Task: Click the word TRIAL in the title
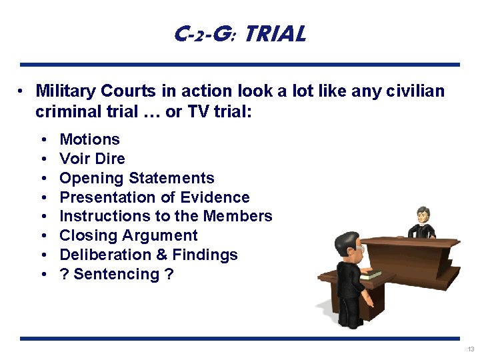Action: (x=275, y=34)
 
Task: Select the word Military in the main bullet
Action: (x=67, y=91)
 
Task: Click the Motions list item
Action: (x=89, y=139)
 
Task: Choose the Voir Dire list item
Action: (x=92, y=159)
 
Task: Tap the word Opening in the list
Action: (x=91, y=178)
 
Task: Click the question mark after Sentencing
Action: (x=169, y=274)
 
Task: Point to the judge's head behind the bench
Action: (x=422, y=215)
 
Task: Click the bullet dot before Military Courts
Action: (x=22, y=91)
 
